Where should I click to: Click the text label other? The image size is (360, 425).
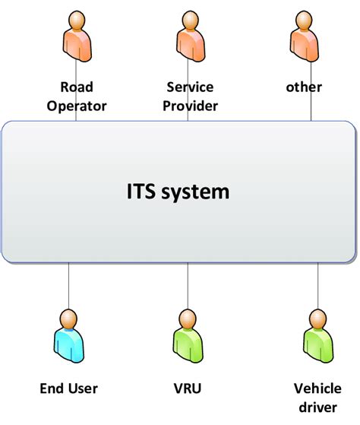pos(304,87)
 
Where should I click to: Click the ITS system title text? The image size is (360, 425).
pos(178,192)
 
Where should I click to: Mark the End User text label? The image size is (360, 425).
pos(68,389)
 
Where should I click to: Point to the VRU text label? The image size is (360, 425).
pos(186,389)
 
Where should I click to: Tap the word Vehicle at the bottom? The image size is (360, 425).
pos(317,389)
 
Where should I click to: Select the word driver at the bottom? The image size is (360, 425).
pos(317,406)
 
